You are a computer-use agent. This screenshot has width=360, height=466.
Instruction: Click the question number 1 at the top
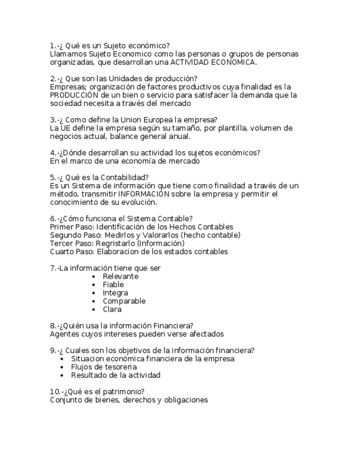tap(52, 46)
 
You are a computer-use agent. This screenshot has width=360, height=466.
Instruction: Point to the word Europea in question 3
tap(169, 120)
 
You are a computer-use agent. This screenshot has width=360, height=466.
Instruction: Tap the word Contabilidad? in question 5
tap(124, 177)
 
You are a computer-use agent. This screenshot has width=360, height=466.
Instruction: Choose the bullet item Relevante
tap(120, 276)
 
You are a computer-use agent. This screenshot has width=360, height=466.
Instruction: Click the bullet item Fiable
tap(113, 285)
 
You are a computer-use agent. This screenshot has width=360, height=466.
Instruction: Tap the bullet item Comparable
tap(124, 301)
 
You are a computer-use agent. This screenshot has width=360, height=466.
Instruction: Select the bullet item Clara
tap(112, 309)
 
